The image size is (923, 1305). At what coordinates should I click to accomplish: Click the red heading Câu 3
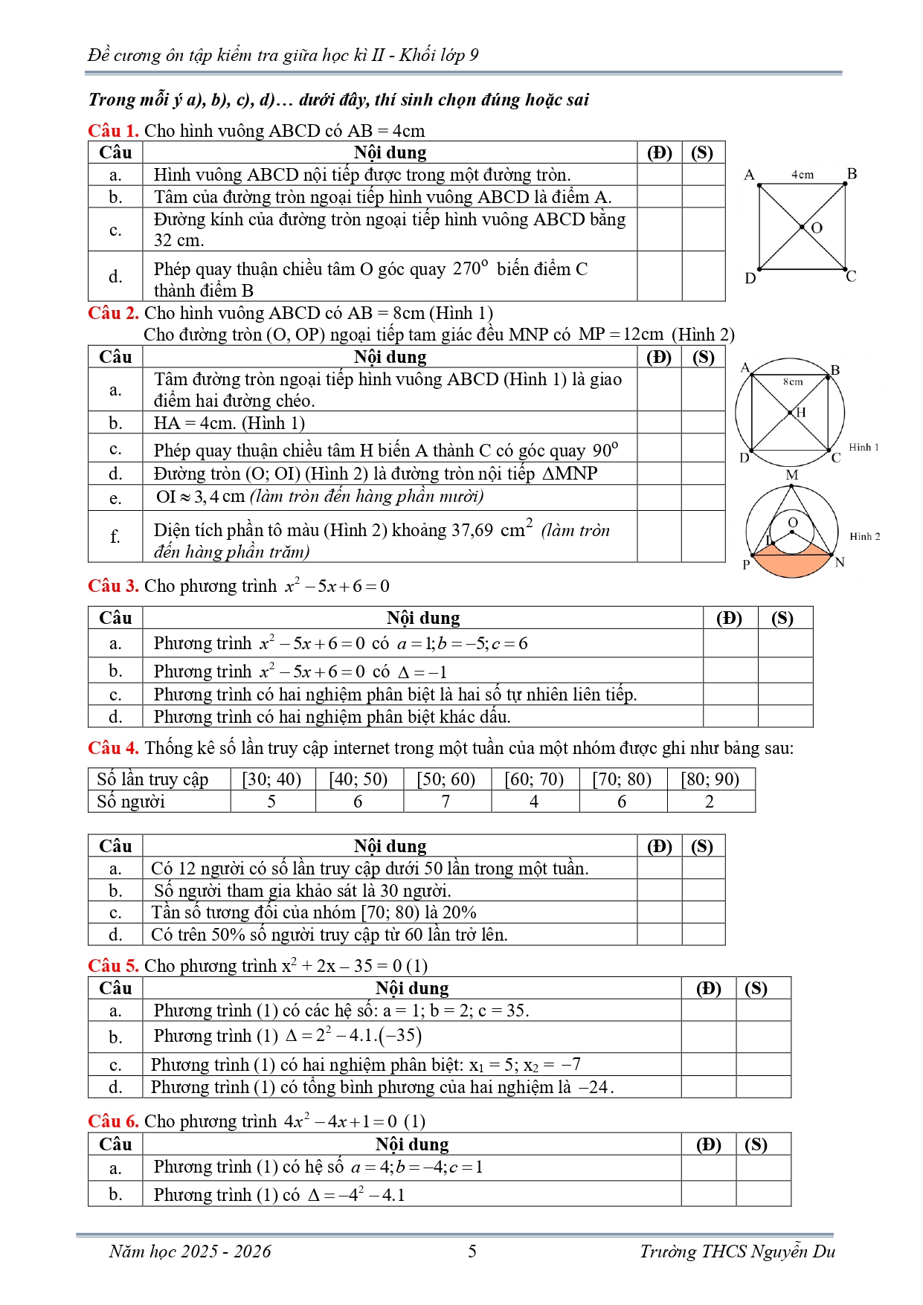click(x=113, y=586)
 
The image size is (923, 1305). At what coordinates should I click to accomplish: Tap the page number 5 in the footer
click(x=472, y=1251)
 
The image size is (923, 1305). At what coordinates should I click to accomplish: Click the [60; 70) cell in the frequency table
click(x=534, y=779)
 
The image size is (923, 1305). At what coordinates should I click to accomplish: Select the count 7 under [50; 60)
click(x=446, y=802)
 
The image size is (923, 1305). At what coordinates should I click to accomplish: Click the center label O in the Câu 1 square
click(x=817, y=228)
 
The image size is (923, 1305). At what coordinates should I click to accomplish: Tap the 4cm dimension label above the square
click(x=803, y=175)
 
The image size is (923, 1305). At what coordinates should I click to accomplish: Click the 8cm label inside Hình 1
click(x=793, y=382)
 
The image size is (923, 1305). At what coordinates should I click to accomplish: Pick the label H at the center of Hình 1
click(x=801, y=413)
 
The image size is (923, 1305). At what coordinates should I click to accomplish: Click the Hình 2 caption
click(x=865, y=536)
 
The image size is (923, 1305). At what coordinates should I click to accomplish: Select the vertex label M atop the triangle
click(x=792, y=475)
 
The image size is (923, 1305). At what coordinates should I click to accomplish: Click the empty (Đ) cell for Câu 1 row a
click(x=659, y=175)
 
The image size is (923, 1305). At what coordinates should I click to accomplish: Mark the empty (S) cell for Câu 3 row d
click(x=785, y=717)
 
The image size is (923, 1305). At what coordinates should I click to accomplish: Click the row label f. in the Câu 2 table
click(x=115, y=536)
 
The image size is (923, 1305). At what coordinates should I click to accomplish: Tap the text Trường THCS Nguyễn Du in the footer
click(x=737, y=1251)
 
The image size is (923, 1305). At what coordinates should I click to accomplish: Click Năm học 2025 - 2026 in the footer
click(x=190, y=1251)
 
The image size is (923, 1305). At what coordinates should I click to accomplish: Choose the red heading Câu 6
click(x=113, y=1121)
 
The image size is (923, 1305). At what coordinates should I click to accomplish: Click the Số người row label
click(x=131, y=802)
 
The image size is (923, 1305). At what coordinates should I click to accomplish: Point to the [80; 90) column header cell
click(x=710, y=779)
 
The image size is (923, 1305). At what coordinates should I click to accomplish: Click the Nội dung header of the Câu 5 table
click(x=412, y=988)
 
